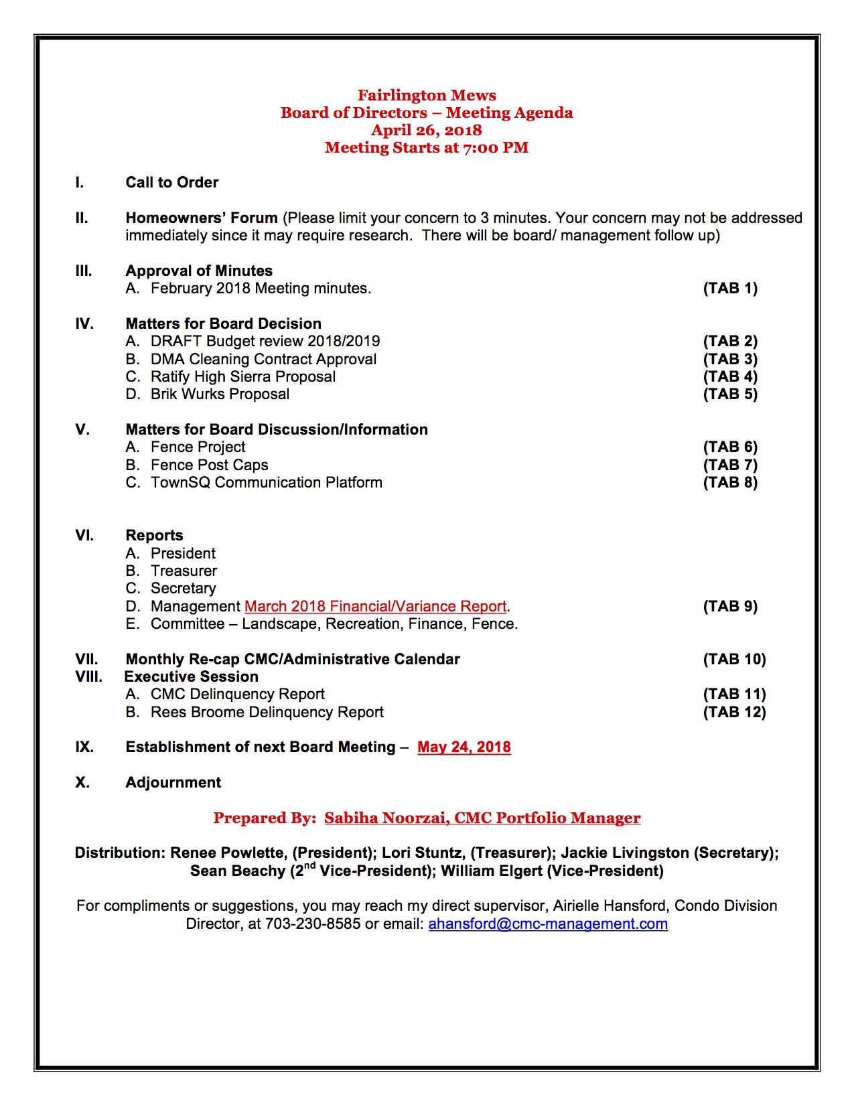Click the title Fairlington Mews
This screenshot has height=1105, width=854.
coord(427,95)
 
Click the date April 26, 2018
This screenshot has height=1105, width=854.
coord(427,130)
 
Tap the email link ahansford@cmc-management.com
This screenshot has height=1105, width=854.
coord(548,924)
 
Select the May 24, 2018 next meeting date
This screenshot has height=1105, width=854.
coord(464,747)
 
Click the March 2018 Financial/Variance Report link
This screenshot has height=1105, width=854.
coord(375,606)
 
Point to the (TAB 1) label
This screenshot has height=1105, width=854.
coord(730,288)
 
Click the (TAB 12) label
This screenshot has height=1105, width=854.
coord(734,712)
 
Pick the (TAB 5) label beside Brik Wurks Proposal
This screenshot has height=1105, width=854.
coord(730,394)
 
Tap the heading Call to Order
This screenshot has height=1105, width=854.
coord(172,182)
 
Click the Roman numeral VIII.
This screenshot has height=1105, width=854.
coord(88,676)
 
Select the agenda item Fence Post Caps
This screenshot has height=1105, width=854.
coord(209,465)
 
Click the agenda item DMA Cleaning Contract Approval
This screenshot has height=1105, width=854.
coord(263,359)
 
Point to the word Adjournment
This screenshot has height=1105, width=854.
coord(173,782)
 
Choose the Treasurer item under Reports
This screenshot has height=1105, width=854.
coord(184,571)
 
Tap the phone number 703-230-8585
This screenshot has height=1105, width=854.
coord(313,924)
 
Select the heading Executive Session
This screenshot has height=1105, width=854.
coord(192,676)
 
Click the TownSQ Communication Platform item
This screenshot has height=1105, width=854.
coord(267,482)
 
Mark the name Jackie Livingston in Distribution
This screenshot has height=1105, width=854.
coord(625,853)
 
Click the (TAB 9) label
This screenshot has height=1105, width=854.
coord(730,606)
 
